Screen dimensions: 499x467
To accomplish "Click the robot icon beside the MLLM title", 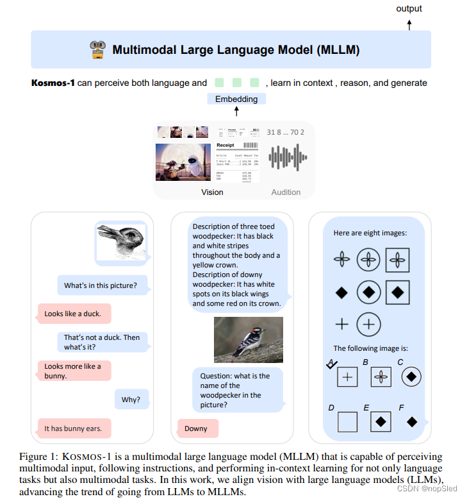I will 97,50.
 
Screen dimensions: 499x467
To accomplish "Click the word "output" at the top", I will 409,8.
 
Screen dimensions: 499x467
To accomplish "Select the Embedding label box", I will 236,99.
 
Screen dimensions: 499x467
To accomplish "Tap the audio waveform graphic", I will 286,158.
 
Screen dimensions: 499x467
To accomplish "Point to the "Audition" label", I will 286,192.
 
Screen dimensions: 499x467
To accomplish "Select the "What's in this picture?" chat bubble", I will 101,285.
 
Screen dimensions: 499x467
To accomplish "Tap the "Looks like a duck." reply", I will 73,314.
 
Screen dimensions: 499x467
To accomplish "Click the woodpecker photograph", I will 248,341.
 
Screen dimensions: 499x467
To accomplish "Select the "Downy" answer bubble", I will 197,428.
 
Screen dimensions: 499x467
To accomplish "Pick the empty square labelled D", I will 347,422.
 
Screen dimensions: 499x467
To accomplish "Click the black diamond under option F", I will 412,421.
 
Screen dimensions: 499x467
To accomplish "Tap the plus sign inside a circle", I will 368,324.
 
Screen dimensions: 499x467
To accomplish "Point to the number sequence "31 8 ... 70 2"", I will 285,132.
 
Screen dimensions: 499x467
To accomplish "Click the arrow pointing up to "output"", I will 409,24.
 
